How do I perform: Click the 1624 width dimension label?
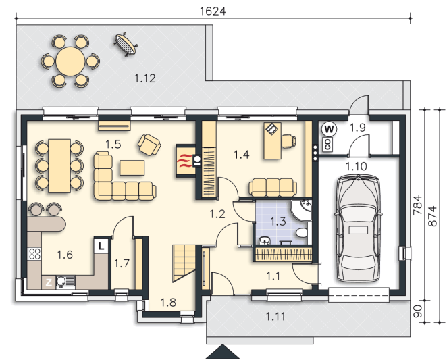[x=213, y=11]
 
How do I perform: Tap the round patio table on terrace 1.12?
[x=70, y=61]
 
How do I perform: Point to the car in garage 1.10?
[x=358, y=229]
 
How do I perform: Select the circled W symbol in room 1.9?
[x=329, y=129]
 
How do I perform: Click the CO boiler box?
[x=328, y=145]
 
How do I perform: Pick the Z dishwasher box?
[x=49, y=282]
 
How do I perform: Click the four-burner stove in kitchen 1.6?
[x=35, y=254]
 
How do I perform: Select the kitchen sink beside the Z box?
[x=65, y=282]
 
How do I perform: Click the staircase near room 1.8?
[x=184, y=263]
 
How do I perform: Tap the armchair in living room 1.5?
[x=149, y=145]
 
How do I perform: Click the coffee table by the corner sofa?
[x=132, y=168]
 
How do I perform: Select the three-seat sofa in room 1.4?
[x=273, y=188]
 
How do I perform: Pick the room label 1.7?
[x=122, y=263]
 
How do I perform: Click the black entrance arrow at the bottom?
[x=223, y=352]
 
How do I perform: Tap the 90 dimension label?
[x=418, y=312]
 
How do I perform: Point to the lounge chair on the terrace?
[x=126, y=44]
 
